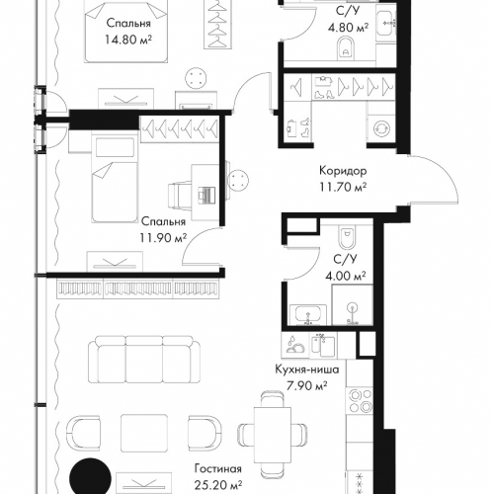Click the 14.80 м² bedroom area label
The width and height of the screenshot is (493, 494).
[128, 40]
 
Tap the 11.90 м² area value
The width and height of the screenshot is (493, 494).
[163, 237]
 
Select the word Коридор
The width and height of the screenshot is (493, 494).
[343, 171]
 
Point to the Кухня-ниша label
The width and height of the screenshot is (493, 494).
[307, 370]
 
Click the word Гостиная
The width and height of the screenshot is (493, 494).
[218, 468]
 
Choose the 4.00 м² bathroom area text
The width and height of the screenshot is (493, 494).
[346, 276]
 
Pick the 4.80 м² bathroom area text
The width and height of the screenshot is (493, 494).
[348, 27]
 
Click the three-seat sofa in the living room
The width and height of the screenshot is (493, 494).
[144, 360]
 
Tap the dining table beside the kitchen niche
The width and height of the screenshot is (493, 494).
[273, 436]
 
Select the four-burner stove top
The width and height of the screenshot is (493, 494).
[359, 401]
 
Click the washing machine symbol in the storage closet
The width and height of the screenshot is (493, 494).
[381, 128]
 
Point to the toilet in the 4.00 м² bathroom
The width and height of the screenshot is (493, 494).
[346, 238]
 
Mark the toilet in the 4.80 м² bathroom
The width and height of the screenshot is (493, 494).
[346, 48]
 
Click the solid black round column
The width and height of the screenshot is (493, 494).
[90, 477]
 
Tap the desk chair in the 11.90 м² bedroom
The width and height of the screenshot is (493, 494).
[180, 196]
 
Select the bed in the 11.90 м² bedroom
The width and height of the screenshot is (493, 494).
[115, 180]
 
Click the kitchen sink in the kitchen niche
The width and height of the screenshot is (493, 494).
[323, 345]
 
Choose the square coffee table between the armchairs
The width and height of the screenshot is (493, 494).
[144, 433]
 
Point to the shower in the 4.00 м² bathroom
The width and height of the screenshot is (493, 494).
[352, 305]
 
